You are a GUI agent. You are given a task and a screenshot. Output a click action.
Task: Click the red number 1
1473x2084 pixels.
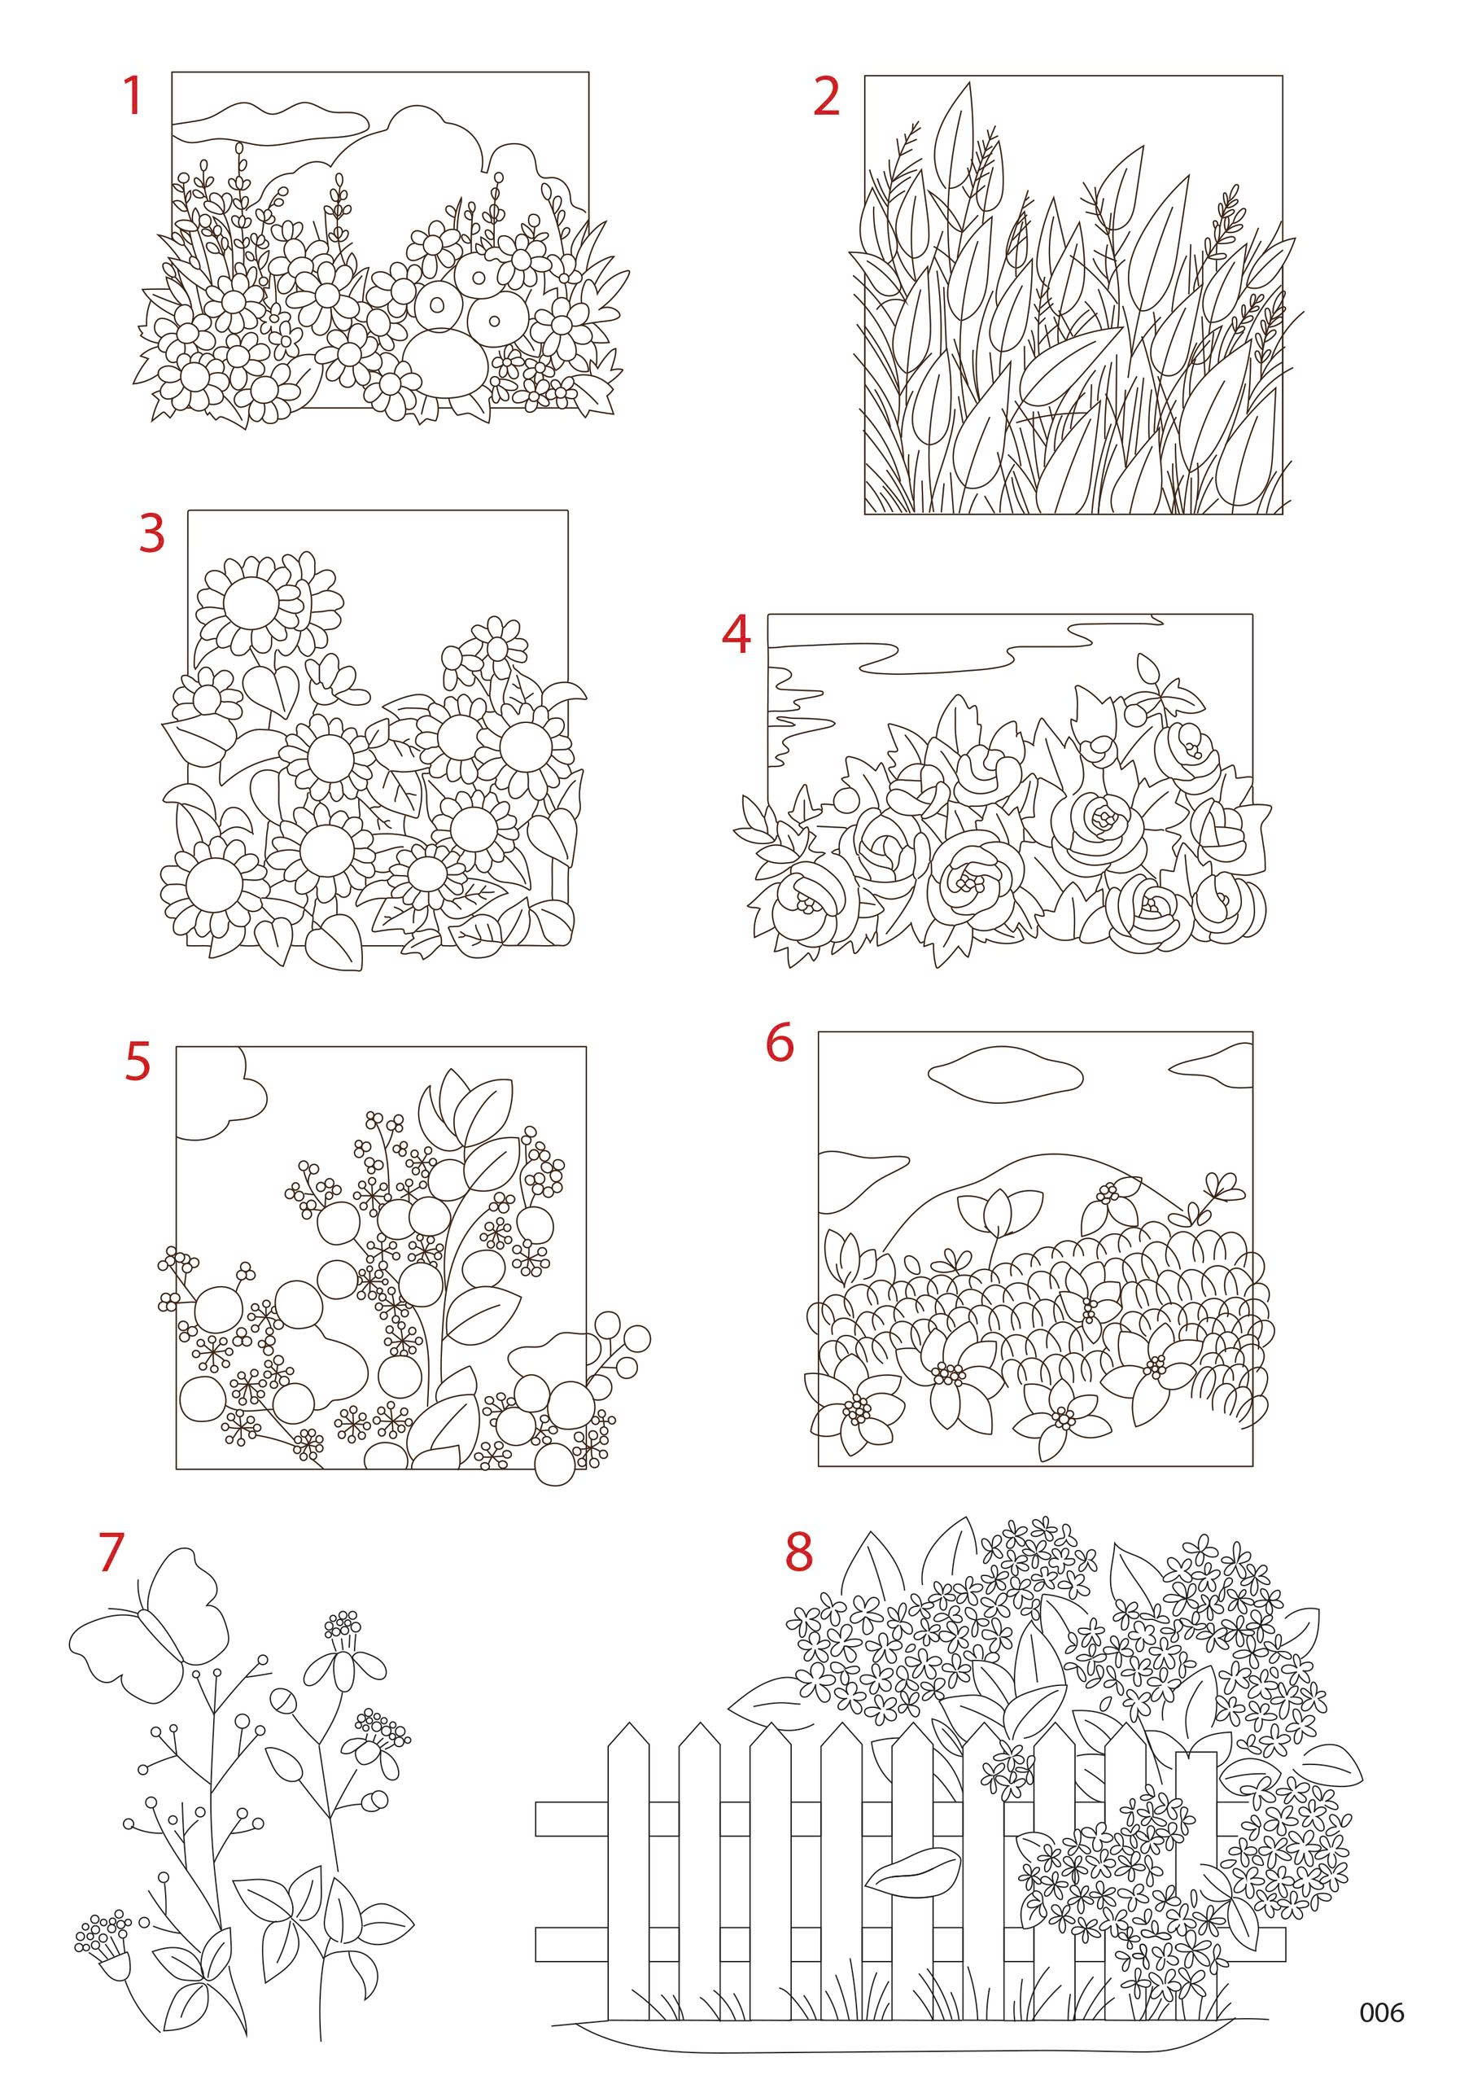point(133,96)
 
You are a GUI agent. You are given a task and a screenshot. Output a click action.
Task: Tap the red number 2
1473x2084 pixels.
point(826,96)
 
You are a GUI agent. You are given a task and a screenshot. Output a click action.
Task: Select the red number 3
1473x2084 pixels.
point(152,534)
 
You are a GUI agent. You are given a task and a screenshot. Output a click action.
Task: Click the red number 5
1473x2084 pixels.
point(137,1062)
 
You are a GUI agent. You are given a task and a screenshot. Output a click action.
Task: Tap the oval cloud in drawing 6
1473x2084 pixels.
point(1006,1073)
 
